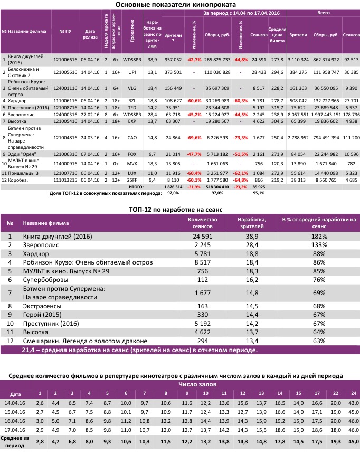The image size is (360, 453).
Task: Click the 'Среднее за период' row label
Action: click(16, 442)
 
